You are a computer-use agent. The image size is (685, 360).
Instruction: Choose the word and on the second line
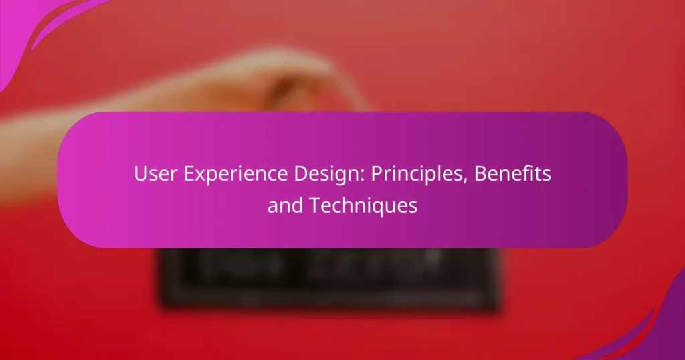(282, 206)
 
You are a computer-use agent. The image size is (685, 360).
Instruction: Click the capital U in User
(139, 175)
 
